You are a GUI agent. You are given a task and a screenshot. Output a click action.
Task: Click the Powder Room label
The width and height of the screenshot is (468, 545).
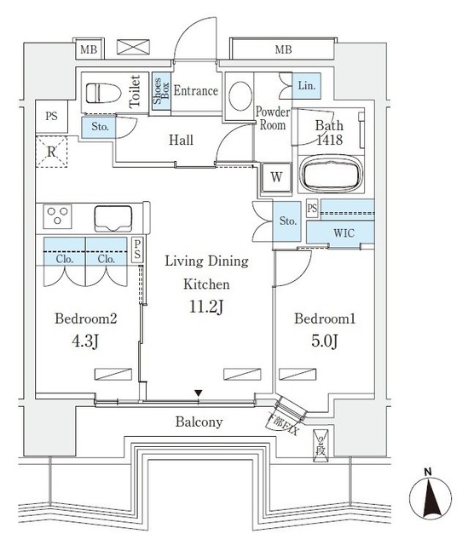tap(273, 118)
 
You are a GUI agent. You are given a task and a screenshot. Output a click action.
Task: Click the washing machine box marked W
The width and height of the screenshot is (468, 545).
tap(276, 178)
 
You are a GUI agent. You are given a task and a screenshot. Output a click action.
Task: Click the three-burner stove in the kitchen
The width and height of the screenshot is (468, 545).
tap(59, 217)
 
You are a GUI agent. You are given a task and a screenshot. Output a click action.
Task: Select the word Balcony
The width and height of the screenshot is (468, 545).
tap(199, 422)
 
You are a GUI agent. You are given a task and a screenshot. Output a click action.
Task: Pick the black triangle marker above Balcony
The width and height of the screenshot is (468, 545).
tap(199, 393)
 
